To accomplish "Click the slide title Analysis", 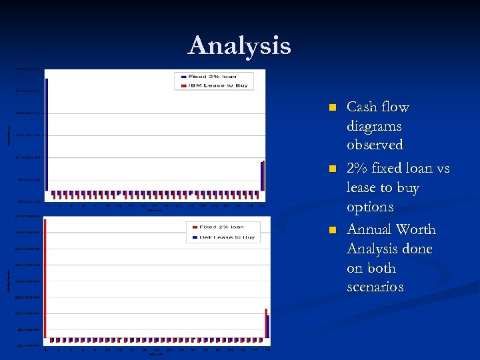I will (x=239, y=46).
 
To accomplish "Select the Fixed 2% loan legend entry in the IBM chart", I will (x=212, y=76).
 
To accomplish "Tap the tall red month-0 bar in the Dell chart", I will (x=45, y=280).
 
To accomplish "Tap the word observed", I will (x=375, y=145).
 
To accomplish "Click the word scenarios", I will (x=375, y=287).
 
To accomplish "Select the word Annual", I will (x=369, y=229).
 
